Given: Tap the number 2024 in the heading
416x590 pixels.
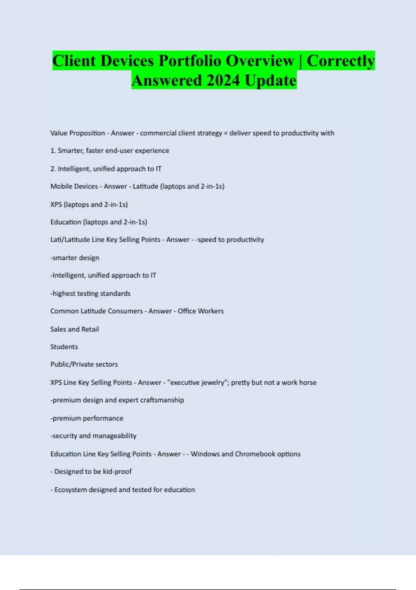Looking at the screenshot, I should coord(223,81).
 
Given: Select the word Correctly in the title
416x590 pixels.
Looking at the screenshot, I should coord(340,61).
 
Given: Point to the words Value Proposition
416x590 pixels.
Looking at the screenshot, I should coord(78,133).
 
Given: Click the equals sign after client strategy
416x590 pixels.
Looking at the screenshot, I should coord(226,133).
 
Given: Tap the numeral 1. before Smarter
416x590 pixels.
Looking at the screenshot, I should coord(53,151).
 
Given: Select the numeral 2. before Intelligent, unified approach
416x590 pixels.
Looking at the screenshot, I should coord(53,169).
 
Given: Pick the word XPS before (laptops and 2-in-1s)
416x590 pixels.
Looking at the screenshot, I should coord(56,204).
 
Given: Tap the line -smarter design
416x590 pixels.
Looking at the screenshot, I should coord(75,258).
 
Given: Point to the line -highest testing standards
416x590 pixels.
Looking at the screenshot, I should coord(90,293).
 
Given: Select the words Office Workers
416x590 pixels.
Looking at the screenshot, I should coord(201,311).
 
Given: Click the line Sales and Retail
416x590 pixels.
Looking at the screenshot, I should coord(75,329).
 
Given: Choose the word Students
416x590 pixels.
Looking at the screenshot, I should coord(64,347).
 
